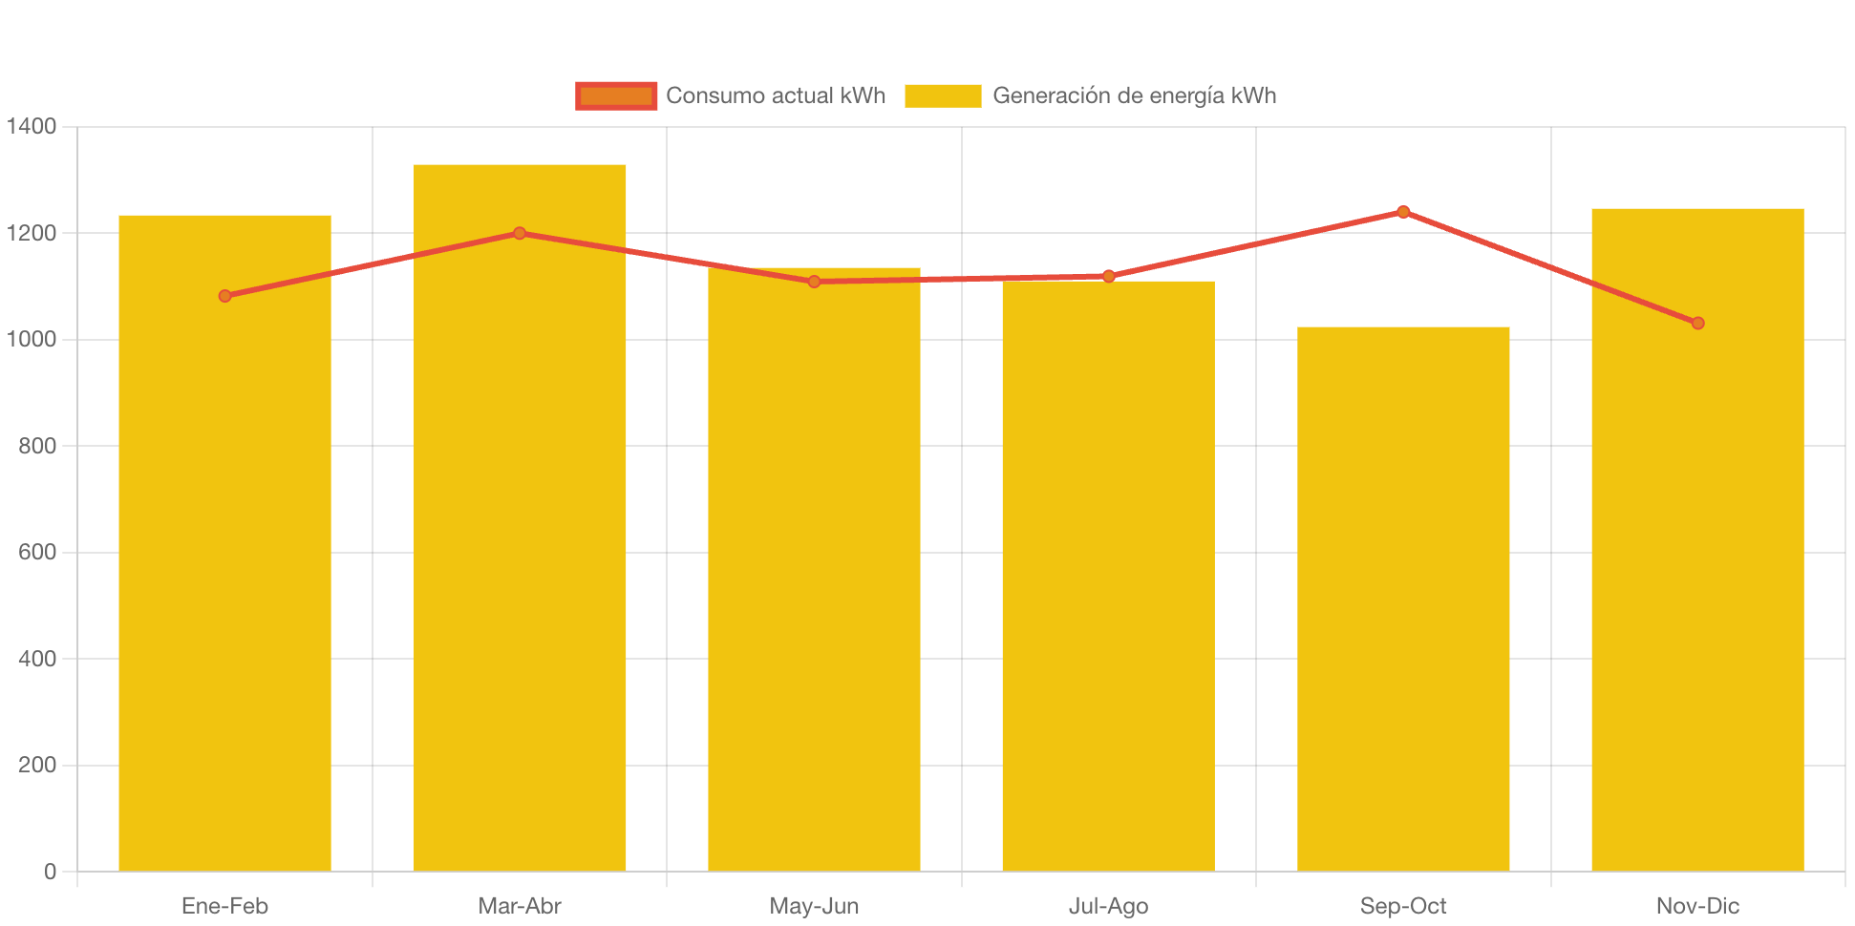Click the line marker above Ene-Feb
(224, 296)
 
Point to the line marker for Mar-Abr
(520, 233)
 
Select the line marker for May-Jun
(814, 282)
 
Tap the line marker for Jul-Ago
(1108, 276)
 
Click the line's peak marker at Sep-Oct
(1403, 212)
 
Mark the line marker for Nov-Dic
(1697, 324)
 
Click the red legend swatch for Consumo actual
(616, 95)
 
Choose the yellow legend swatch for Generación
(943, 95)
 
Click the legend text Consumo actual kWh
(776, 95)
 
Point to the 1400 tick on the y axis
(32, 126)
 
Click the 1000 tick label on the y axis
(32, 339)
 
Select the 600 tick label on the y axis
(37, 552)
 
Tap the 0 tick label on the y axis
(50, 872)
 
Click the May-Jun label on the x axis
(814, 906)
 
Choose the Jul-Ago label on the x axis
(1108, 906)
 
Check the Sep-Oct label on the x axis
(1403, 906)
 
